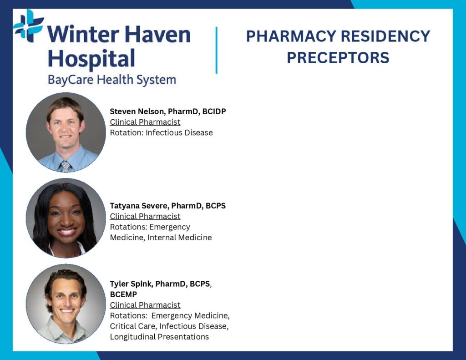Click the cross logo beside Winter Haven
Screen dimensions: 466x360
click(x=28, y=25)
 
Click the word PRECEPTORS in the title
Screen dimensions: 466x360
click(x=338, y=58)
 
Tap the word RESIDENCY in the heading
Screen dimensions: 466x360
click(x=385, y=36)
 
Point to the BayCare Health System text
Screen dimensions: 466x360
click(x=112, y=80)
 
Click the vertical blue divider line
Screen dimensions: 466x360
click(x=216, y=50)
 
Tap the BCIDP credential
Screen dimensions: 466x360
click(x=214, y=112)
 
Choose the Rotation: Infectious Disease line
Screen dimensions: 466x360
click(x=162, y=132)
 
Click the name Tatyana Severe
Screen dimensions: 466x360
click(x=138, y=206)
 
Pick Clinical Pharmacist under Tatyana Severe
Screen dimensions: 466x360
click(x=145, y=217)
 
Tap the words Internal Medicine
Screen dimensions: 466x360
click(x=179, y=238)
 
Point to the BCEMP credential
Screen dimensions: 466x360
click(x=123, y=294)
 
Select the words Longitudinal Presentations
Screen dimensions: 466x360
click(x=159, y=337)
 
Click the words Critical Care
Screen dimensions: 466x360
click(x=133, y=326)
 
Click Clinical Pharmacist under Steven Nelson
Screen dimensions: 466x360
click(x=145, y=122)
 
